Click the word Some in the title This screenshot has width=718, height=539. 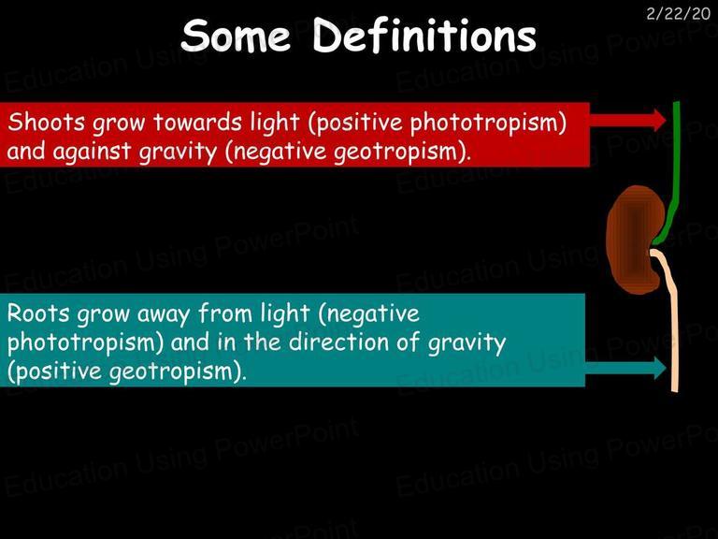[236, 36]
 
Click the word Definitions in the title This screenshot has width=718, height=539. [424, 35]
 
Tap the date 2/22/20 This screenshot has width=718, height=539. [678, 14]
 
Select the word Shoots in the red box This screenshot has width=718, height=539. [46, 122]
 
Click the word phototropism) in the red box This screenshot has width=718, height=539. [488, 124]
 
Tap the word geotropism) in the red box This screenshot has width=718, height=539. [402, 153]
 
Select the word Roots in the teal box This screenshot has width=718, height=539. [38, 313]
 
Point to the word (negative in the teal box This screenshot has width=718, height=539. [368, 314]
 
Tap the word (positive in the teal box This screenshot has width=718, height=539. [55, 371]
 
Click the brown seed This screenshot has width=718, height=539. [634, 240]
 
